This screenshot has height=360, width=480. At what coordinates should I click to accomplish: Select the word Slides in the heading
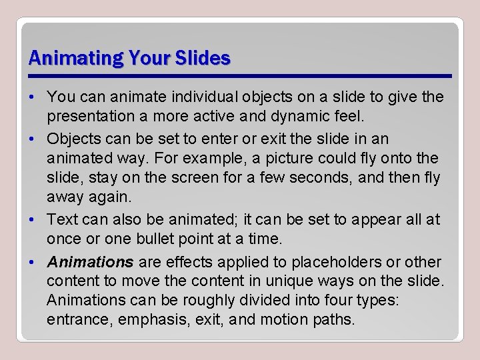(203, 59)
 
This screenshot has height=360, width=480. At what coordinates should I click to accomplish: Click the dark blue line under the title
(240, 75)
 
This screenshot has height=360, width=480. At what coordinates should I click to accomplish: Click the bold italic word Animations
(91, 262)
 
